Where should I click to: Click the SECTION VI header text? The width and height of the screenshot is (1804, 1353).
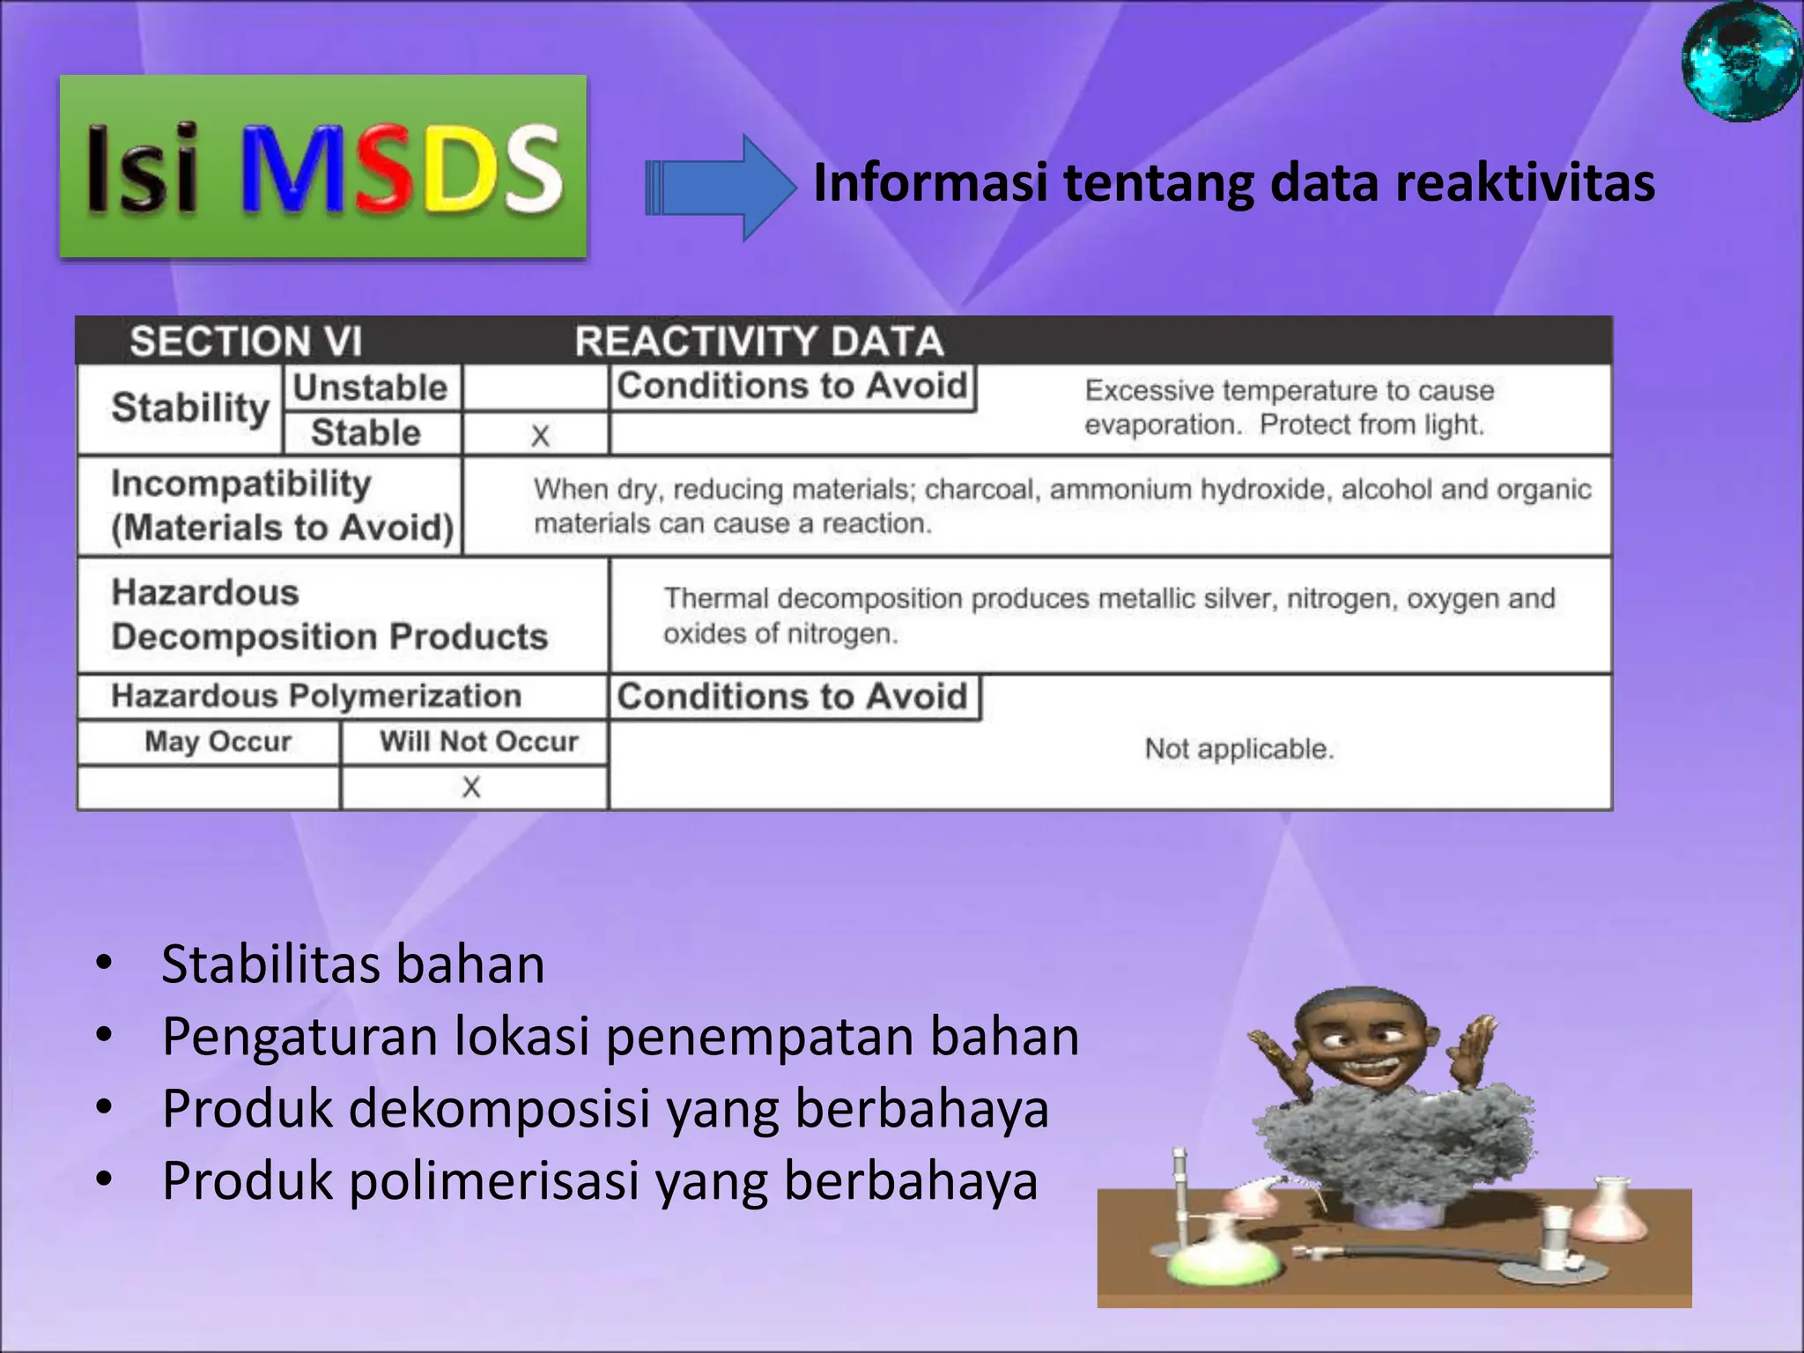click(246, 341)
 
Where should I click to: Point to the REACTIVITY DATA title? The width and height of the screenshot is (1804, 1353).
click(758, 341)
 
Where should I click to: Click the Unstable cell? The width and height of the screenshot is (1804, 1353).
click(370, 388)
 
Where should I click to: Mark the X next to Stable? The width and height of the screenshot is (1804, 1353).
click(540, 435)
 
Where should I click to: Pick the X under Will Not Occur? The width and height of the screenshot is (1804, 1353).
click(471, 787)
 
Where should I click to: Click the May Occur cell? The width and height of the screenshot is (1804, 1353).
click(218, 742)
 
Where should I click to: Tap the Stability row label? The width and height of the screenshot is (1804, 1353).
click(190, 408)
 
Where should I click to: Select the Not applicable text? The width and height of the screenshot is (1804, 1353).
click(1238, 749)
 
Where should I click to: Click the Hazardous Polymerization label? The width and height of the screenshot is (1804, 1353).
click(316, 696)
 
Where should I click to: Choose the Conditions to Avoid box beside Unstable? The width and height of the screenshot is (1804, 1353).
click(792, 386)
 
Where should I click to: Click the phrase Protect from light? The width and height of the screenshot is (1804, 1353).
click(1371, 425)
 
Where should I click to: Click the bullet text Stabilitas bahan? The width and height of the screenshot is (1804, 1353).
click(353, 964)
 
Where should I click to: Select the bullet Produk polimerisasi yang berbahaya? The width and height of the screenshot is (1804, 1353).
click(600, 1180)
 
